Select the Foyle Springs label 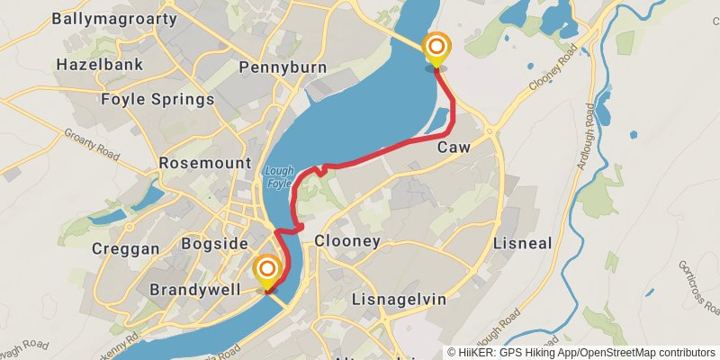tap(157, 99)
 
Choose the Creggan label tap(126, 248)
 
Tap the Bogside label tap(214, 244)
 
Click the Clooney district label tap(347, 241)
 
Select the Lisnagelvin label tap(399, 299)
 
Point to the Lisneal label tap(522, 243)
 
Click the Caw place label tap(454, 147)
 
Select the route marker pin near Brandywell tap(267, 272)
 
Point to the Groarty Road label tap(90, 144)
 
